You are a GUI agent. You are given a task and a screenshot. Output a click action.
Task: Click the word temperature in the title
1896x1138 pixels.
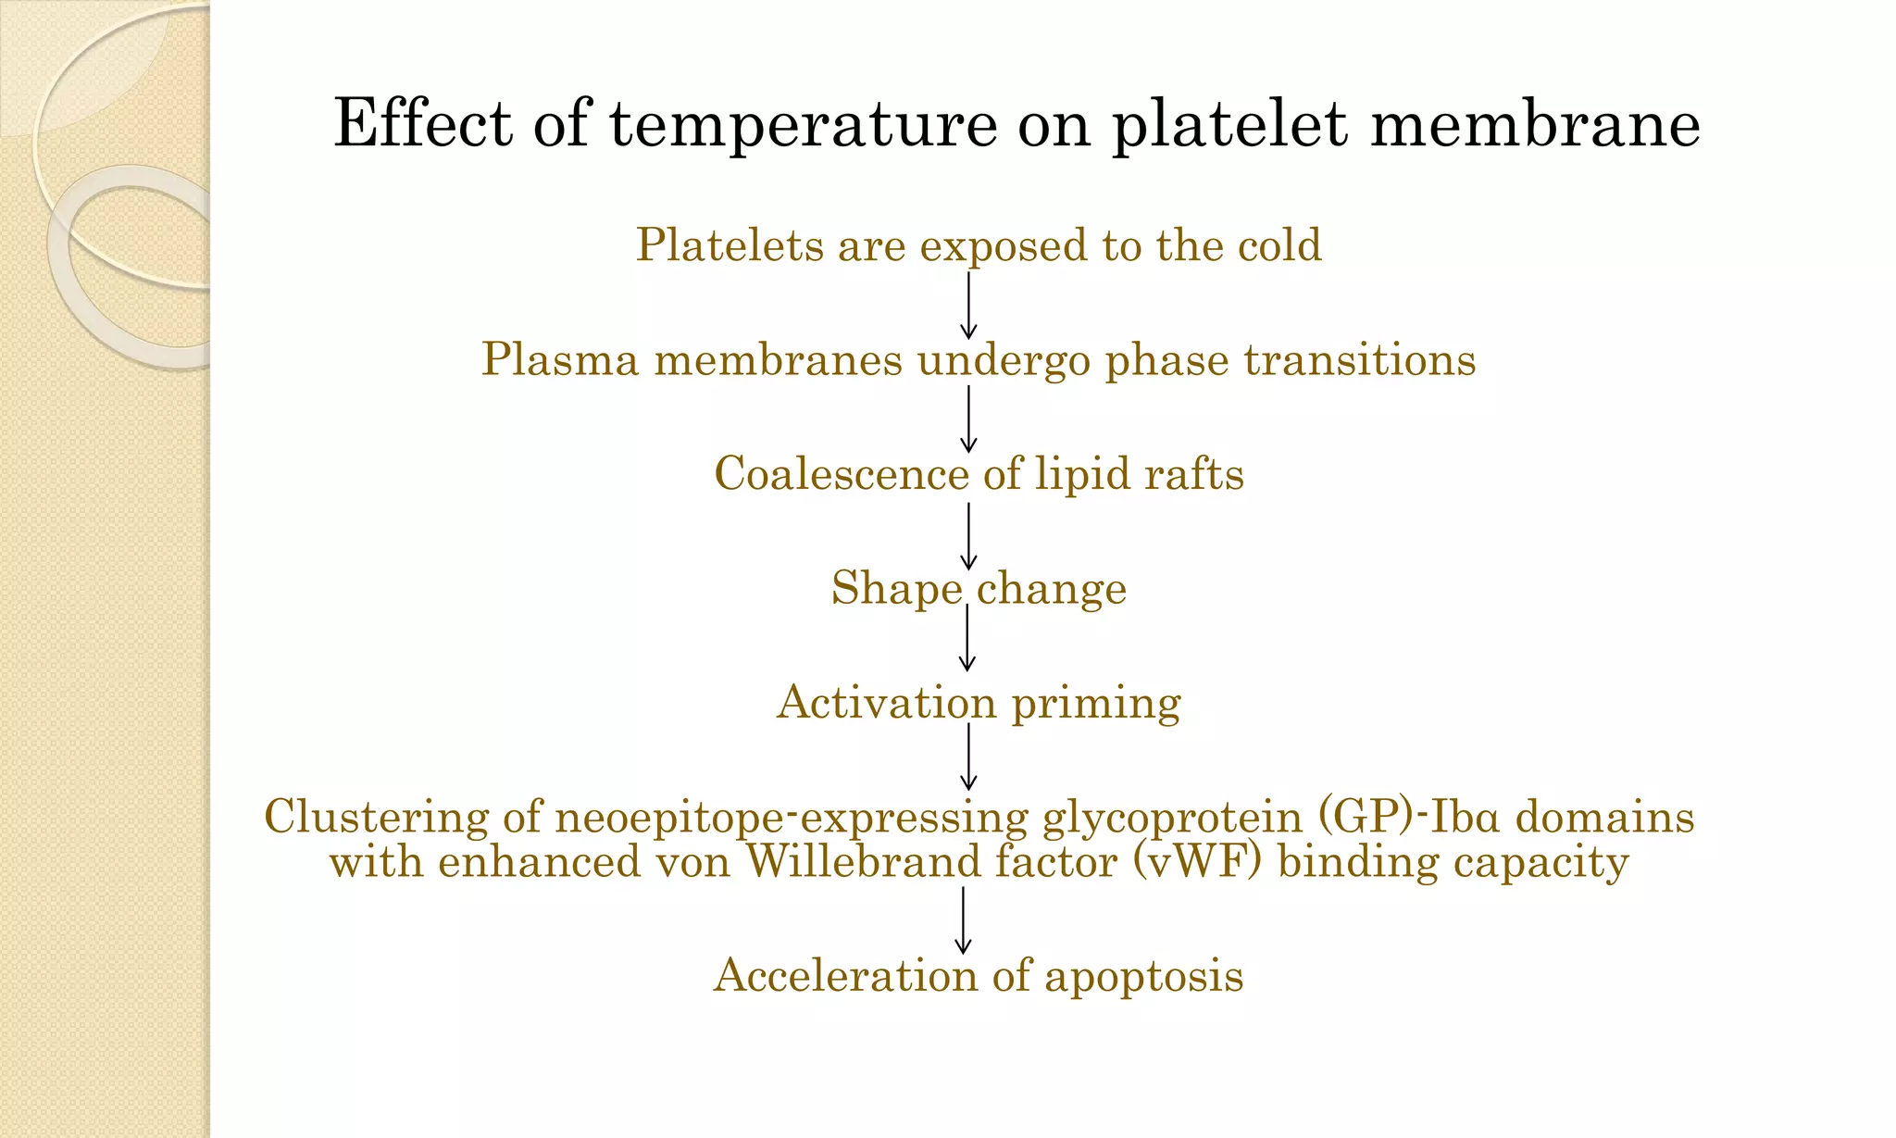(803, 125)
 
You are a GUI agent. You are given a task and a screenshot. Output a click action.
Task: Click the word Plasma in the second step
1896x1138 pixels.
(559, 359)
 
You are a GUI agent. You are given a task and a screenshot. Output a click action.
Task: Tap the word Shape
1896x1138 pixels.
(896, 588)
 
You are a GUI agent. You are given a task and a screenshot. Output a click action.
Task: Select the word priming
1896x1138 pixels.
(1096, 703)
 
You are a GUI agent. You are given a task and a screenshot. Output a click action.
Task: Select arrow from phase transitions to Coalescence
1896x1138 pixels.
(968, 419)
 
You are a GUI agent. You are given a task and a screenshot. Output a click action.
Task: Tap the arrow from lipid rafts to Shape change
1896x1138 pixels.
(968, 535)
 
